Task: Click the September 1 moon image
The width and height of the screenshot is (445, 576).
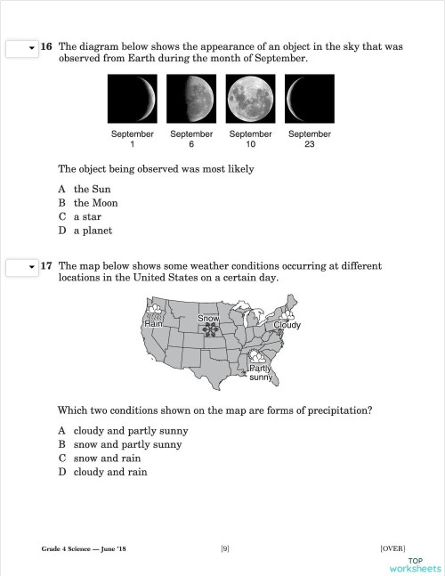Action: coord(132,99)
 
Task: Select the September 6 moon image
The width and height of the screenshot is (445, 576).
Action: coord(191,99)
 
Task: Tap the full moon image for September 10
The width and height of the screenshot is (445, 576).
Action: coord(250,99)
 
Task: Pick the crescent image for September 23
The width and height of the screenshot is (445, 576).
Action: coord(310,99)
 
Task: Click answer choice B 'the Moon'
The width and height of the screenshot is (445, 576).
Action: coord(95,203)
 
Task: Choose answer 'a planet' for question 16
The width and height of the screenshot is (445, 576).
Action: coord(93,231)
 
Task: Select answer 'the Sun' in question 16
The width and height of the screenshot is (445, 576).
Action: coord(92,189)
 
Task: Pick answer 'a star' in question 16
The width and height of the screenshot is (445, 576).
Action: coord(89,216)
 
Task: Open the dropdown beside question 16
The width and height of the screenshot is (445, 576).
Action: coord(21,47)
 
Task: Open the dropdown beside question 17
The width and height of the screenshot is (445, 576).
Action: coord(21,266)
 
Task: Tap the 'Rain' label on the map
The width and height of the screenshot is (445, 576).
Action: coord(153,325)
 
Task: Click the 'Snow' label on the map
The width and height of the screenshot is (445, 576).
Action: coord(208,318)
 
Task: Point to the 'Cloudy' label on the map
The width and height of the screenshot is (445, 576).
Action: coord(287,325)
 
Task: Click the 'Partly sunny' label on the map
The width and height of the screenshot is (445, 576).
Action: coord(261,373)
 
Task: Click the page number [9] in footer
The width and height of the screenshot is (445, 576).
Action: coord(225,548)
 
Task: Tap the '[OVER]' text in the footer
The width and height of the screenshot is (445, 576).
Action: coord(392,548)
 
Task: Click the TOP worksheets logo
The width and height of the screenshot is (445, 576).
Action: coord(415,564)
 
